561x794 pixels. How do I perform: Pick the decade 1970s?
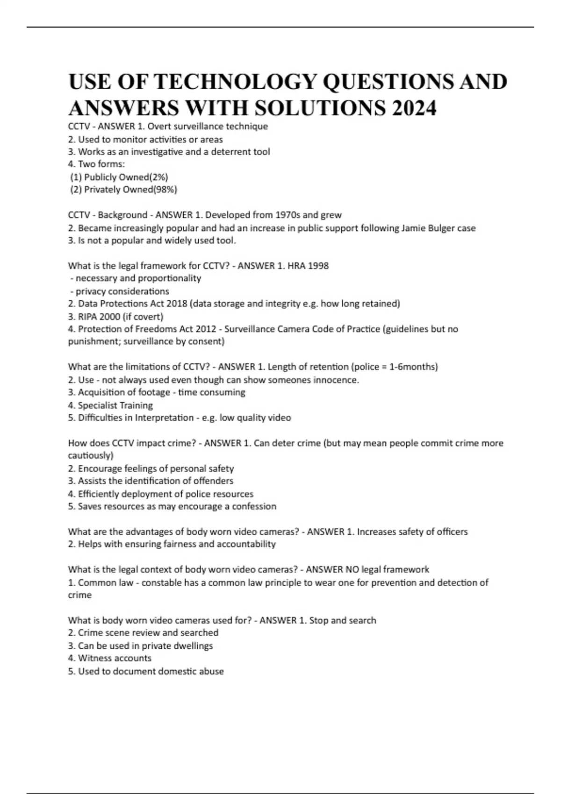click(x=288, y=215)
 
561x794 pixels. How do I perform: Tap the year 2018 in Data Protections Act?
click(x=178, y=304)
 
